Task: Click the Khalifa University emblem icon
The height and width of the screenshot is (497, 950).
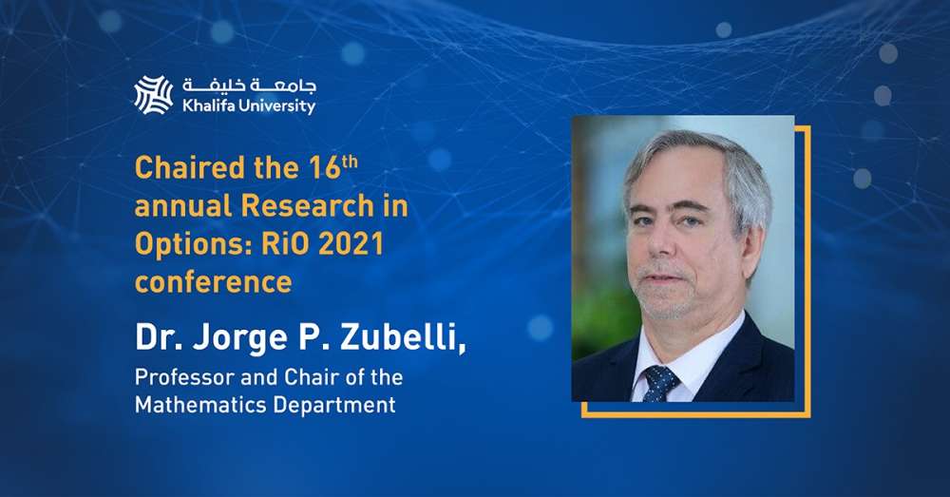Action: (153, 95)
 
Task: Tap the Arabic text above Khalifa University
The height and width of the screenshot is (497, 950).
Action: (249, 86)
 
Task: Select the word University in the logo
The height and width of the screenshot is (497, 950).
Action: (276, 107)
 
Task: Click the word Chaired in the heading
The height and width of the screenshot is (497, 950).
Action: (190, 168)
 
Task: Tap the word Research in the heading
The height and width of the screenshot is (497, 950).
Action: (308, 206)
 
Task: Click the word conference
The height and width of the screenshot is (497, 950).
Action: (213, 282)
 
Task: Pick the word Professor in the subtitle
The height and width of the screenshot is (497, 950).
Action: (185, 377)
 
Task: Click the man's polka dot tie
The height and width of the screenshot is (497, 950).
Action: (660, 383)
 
